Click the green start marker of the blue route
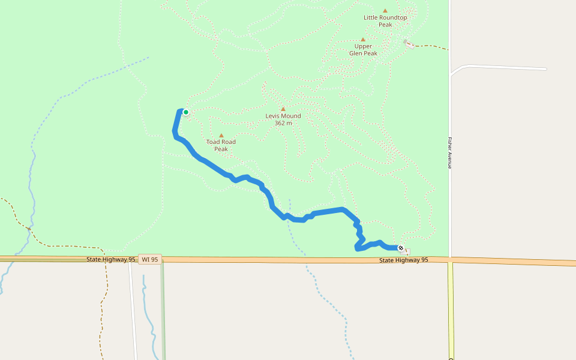[186, 112]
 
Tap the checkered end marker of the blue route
[401, 248]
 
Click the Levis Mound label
[283, 116]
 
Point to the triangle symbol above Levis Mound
[283, 109]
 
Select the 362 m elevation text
[283, 123]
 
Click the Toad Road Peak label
[221, 145]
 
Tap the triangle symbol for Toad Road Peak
[221, 136]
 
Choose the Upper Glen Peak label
[363, 50]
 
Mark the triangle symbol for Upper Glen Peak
[363, 40]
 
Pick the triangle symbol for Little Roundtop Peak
[385, 10]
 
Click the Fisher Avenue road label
[449, 153]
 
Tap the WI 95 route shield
[149, 259]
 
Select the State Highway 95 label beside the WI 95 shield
[110, 259]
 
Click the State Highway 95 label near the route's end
[404, 260]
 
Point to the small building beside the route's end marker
[408, 251]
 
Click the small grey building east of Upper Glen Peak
[407, 43]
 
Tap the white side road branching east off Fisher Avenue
[504, 67]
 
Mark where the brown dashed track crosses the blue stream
[28, 229]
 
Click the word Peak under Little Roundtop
[385, 25]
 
